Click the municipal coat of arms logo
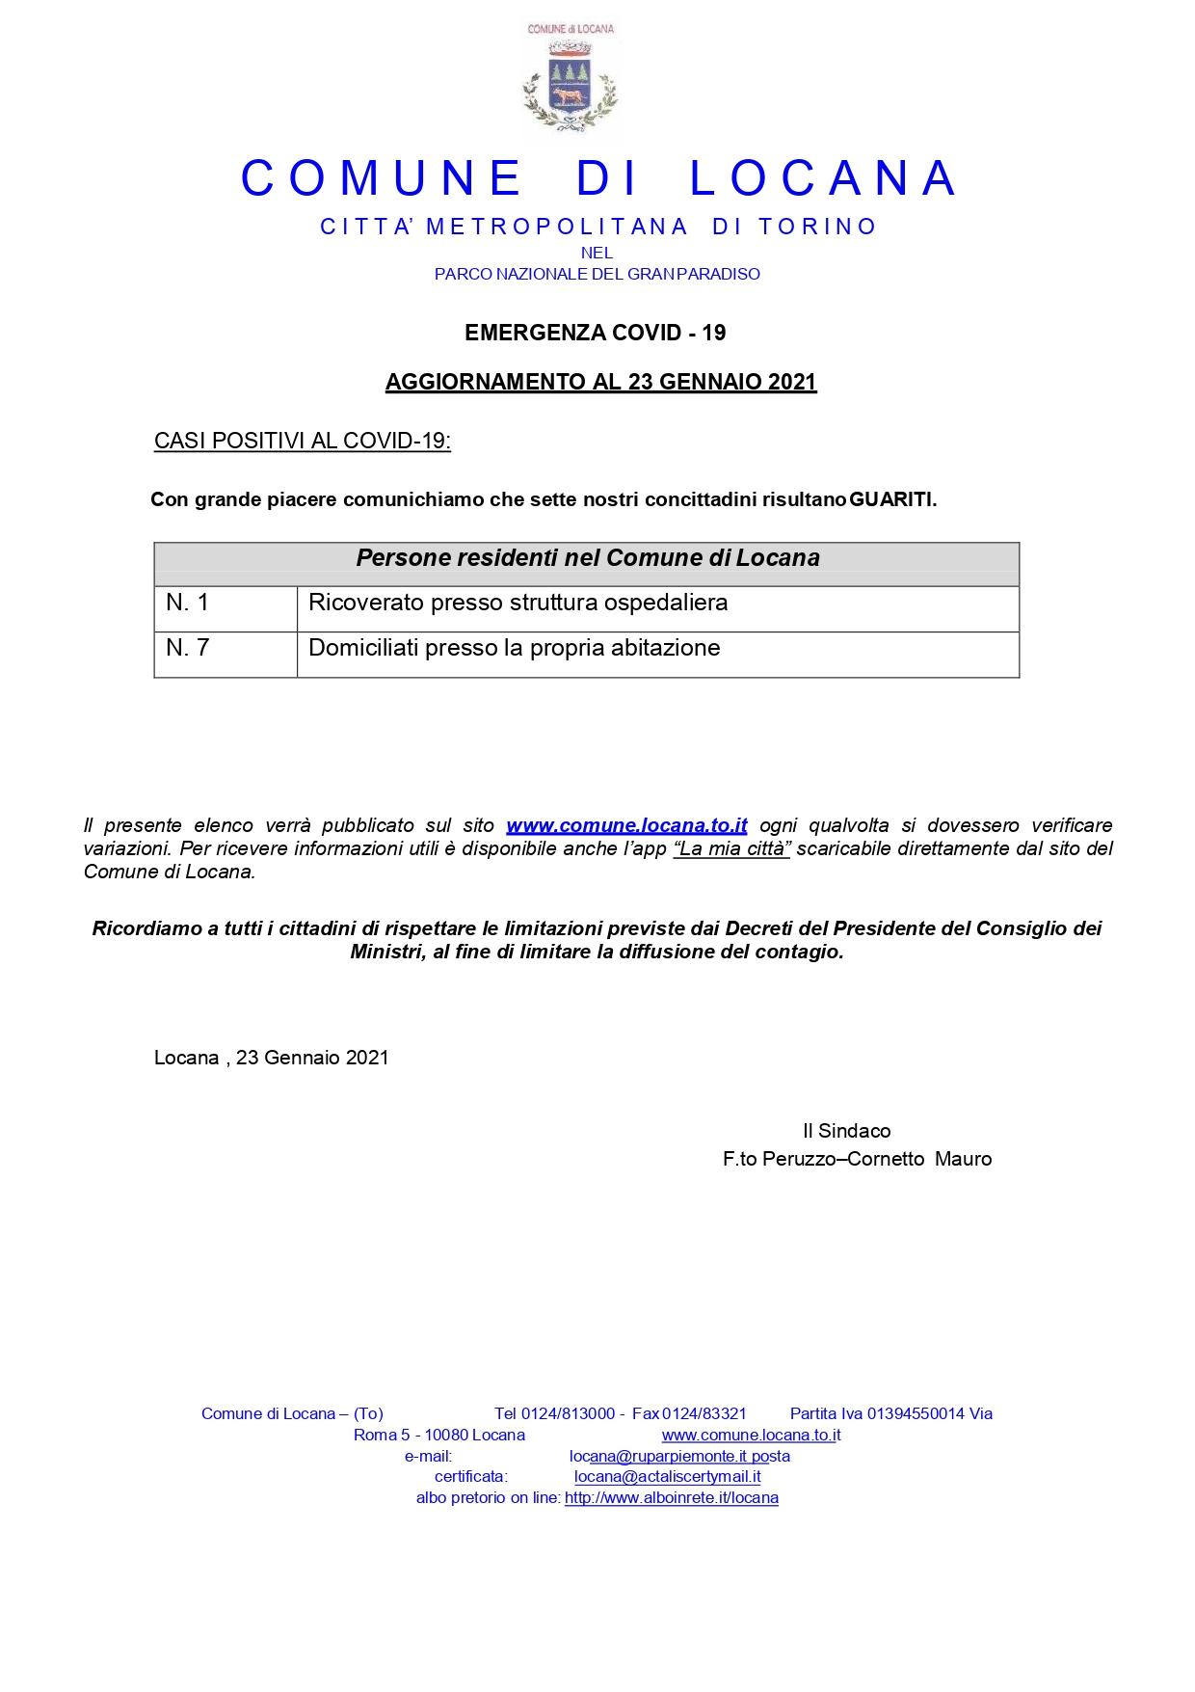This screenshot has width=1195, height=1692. click(x=571, y=83)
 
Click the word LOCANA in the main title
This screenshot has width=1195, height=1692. click(x=823, y=179)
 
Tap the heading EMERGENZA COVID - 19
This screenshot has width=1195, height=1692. click(x=595, y=333)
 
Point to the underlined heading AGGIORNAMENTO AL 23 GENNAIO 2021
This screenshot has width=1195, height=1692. click(x=600, y=382)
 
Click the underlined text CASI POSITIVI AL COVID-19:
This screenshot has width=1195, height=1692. click(x=302, y=441)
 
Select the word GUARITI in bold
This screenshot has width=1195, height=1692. click(x=890, y=499)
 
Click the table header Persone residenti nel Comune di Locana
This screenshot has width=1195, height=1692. click(x=587, y=558)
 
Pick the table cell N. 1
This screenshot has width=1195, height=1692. click(x=188, y=604)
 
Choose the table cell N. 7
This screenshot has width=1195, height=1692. click(x=188, y=648)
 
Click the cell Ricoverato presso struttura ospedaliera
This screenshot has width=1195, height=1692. click(x=518, y=603)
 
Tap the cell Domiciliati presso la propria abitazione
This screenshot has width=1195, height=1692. click(x=514, y=648)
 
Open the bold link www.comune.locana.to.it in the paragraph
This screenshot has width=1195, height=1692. click(x=626, y=825)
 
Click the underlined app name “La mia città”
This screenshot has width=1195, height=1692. click(x=731, y=848)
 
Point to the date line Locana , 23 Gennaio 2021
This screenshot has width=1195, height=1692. click(x=271, y=1058)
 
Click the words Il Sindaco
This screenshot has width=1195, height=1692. click(x=846, y=1131)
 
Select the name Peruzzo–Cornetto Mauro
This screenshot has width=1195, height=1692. click(x=876, y=1159)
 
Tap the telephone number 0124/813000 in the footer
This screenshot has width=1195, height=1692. click(x=568, y=1413)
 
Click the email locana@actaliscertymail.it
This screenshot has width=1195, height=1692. click(x=667, y=1476)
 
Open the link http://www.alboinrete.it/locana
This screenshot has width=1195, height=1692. click(x=671, y=1497)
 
